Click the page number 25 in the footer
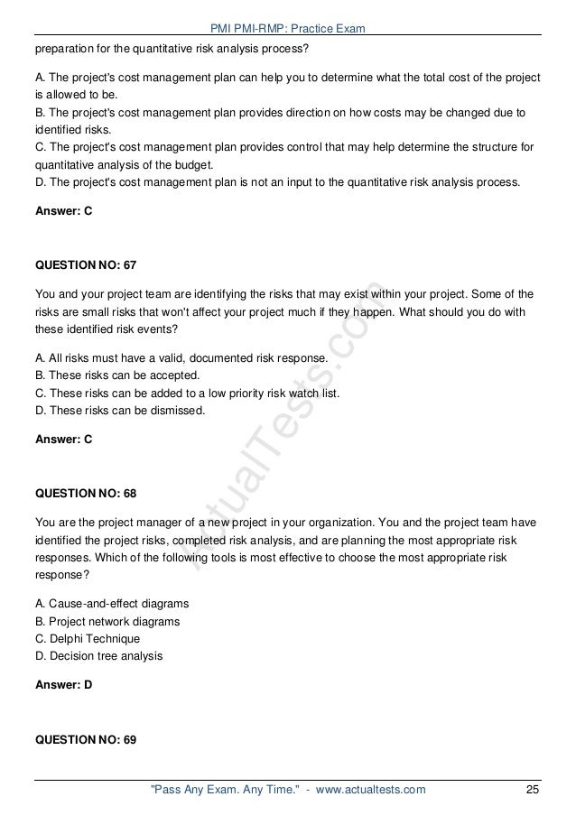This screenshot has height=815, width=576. click(533, 791)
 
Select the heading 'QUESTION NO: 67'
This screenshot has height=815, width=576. click(85, 265)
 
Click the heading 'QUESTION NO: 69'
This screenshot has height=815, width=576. click(85, 739)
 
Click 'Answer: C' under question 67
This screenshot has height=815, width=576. click(63, 440)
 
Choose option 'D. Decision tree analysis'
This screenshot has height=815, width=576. click(100, 654)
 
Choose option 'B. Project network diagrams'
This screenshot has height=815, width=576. click(107, 621)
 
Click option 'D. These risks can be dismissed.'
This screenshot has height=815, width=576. click(120, 409)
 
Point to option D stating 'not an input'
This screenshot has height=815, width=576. click(276, 182)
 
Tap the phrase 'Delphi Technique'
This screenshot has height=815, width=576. click(98, 637)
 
